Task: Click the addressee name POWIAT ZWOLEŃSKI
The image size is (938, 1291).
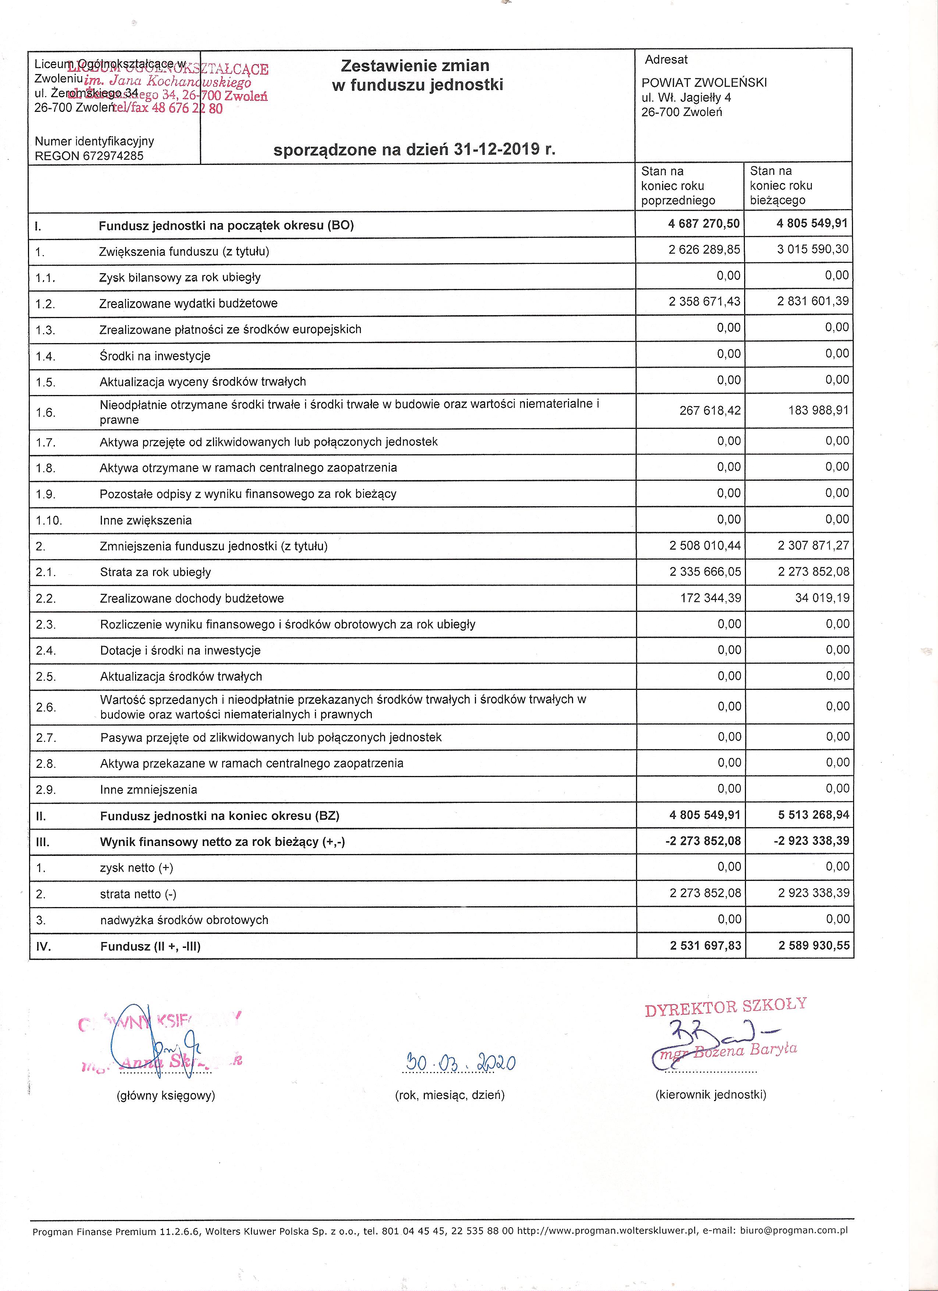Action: click(704, 82)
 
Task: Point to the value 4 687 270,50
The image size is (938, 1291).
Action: click(704, 224)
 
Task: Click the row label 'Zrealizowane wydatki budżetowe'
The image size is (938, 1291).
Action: click(188, 303)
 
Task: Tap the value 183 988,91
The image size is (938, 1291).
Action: click(818, 410)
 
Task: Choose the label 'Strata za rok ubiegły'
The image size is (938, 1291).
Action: click(155, 572)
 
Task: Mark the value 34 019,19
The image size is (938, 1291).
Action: click(822, 598)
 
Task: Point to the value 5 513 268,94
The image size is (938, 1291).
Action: click(813, 815)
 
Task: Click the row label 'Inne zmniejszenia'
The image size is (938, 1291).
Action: click(149, 790)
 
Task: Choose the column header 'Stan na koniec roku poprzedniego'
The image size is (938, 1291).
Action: click(678, 186)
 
